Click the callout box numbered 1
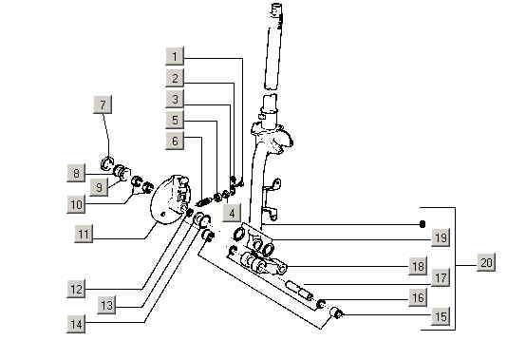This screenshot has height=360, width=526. coord(175,56)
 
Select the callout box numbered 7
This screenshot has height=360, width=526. coord(103,104)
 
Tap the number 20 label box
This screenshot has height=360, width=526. coord(486,262)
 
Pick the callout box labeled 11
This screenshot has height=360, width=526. coord(84,234)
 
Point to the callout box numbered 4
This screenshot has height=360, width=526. coord(232,213)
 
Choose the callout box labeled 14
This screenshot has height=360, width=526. coord(76,324)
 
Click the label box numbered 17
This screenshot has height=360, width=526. coord(441,277)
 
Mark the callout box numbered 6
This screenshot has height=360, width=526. coord(175,141)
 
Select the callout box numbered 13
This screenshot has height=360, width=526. coord(106,305)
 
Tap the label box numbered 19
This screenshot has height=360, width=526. coord(441,237)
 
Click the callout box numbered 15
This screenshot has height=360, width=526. coord(441,316)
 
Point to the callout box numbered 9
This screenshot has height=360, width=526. coord(99,187)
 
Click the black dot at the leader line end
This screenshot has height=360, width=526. coord(423,224)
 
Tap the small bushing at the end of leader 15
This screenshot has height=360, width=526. coord(336,313)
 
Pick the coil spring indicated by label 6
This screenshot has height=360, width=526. coord(204,202)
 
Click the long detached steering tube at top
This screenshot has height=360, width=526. coord(274,47)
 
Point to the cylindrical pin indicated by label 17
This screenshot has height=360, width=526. coord(299,290)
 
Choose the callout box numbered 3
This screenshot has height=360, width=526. coord(175,99)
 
